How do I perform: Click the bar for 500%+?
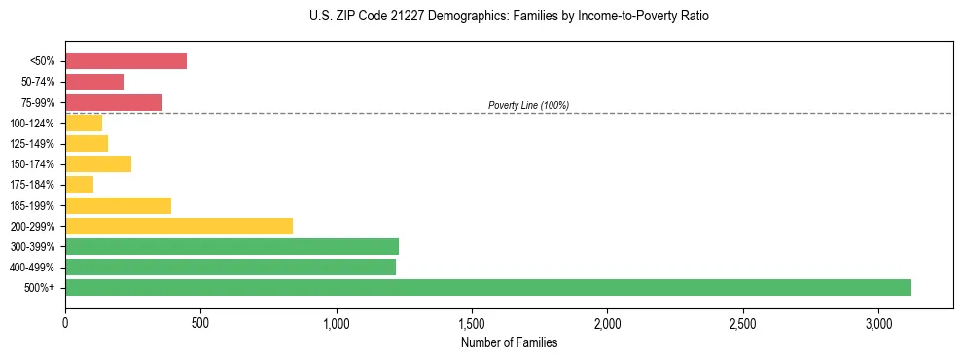pos(488,287)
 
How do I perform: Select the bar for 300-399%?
pos(232,246)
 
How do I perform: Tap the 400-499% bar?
pos(231,267)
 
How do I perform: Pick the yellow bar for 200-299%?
pos(179,226)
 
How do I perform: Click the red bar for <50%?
pos(125,60)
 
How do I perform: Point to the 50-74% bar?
pos(94,82)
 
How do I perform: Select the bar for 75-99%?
pos(114,102)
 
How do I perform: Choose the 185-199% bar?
pos(118,205)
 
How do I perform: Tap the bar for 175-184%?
pos(79,185)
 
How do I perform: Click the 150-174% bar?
pos(98,163)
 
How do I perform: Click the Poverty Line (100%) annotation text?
pos(528,105)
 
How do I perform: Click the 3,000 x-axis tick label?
pos(878,323)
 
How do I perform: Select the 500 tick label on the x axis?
pos(200,323)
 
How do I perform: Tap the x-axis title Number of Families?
pos(509,342)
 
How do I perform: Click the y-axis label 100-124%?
pos(32,124)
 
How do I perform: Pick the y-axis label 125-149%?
pos(32,144)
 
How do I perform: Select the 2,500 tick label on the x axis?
pos(742,323)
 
